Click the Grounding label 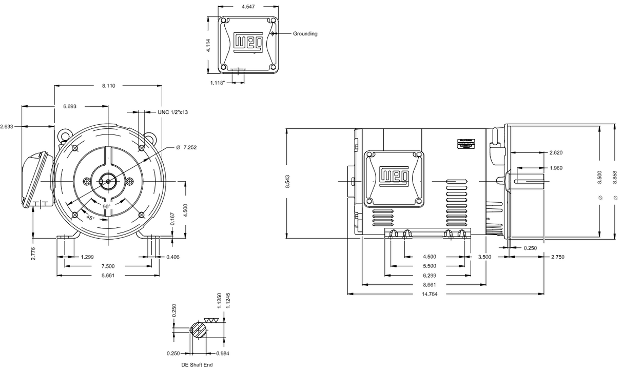pyautogui.click(x=305, y=34)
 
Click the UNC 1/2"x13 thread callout pyautogui.click(x=172, y=112)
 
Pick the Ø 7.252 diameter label pyautogui.click(x=186, y=147)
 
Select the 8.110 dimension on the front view pyautogui.click(x=108, y=86)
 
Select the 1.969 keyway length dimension pyautogui.click(x=556, y=168)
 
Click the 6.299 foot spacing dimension pyautogui.click(x=429, y=275)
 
